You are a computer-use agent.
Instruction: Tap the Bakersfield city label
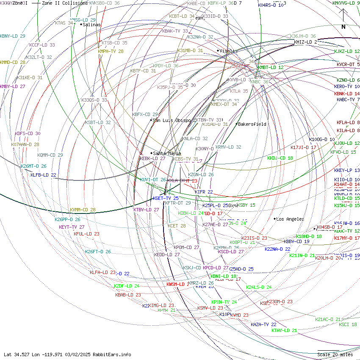(252, 124)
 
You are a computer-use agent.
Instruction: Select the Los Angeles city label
(290, 219)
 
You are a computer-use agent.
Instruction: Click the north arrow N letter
(343, 27)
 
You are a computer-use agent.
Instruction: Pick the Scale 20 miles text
(335, 354)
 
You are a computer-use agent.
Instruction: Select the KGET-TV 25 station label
(166, 198)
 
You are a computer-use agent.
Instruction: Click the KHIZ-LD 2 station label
(305, 42)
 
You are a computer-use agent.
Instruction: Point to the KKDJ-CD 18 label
(280, 158)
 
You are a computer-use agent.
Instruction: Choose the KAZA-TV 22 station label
(263, 324)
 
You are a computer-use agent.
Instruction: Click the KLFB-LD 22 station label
(43, 175)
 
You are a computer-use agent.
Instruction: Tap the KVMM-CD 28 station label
(83, 210)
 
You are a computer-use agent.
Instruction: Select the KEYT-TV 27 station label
(72, 227)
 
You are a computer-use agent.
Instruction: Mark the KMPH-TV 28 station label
(111, 51)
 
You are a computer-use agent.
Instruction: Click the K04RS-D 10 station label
(271, 5)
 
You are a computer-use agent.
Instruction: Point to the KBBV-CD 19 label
(296, 241)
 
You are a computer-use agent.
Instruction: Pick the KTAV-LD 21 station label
(284, 330)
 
